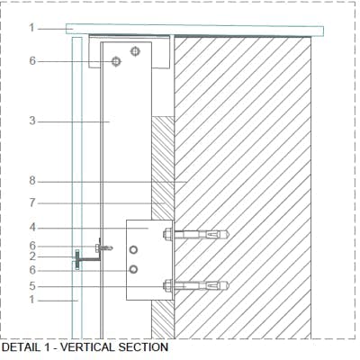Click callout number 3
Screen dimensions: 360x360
(x=32, y=121)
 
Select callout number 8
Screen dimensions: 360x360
(x=32, y=181)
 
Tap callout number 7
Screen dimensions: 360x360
(x=32, y=203)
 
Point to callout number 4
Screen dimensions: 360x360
(x=32, y=228)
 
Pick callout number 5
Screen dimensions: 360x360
(x=32, y=286)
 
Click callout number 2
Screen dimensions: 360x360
(x=32, y=256)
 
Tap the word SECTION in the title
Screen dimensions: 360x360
(x=143, y=347)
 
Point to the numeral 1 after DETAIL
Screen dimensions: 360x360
(x=47, y=347)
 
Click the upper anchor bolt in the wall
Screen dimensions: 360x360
(x=196, y=234)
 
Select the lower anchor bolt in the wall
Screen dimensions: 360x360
(x=196, y=285)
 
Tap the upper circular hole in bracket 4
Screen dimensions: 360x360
(x=133, y=249)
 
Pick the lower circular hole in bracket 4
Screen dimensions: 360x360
(x=133, y=269)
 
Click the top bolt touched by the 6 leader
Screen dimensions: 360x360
(x=116, y=61)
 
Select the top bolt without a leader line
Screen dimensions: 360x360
(x=135, y=51)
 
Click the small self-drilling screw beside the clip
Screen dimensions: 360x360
(x=104, y=247)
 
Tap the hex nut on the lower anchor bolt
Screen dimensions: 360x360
(x=167, y=285)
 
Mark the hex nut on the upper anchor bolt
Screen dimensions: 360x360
(x=167, y=234)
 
